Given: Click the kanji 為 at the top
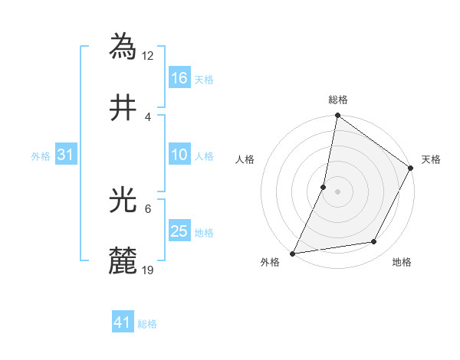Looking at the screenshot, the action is [124, 45].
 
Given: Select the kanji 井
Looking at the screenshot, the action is [124, 107].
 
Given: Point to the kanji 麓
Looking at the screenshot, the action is [124, 261].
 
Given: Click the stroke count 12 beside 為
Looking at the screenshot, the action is [149, 55].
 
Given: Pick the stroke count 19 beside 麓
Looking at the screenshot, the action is [149, 270].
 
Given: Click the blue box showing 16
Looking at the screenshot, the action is [179, 78].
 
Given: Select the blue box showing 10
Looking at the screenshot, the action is [179, 155].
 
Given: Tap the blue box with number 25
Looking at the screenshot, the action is [179, 231].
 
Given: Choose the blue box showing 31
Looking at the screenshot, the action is [66, 155].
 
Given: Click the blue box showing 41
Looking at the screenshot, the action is [123, 323].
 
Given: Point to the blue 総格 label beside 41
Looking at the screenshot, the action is [147, 324].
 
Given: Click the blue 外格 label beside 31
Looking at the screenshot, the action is [41, 155].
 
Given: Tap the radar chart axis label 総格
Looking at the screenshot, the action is [337, 100].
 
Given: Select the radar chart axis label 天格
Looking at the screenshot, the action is [431, 159].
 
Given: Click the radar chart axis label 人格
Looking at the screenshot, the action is [245, 159].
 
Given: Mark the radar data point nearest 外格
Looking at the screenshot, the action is [292, 253].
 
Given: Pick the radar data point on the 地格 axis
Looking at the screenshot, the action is [374, 242].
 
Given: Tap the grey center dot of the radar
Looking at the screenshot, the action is [337, 191].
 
